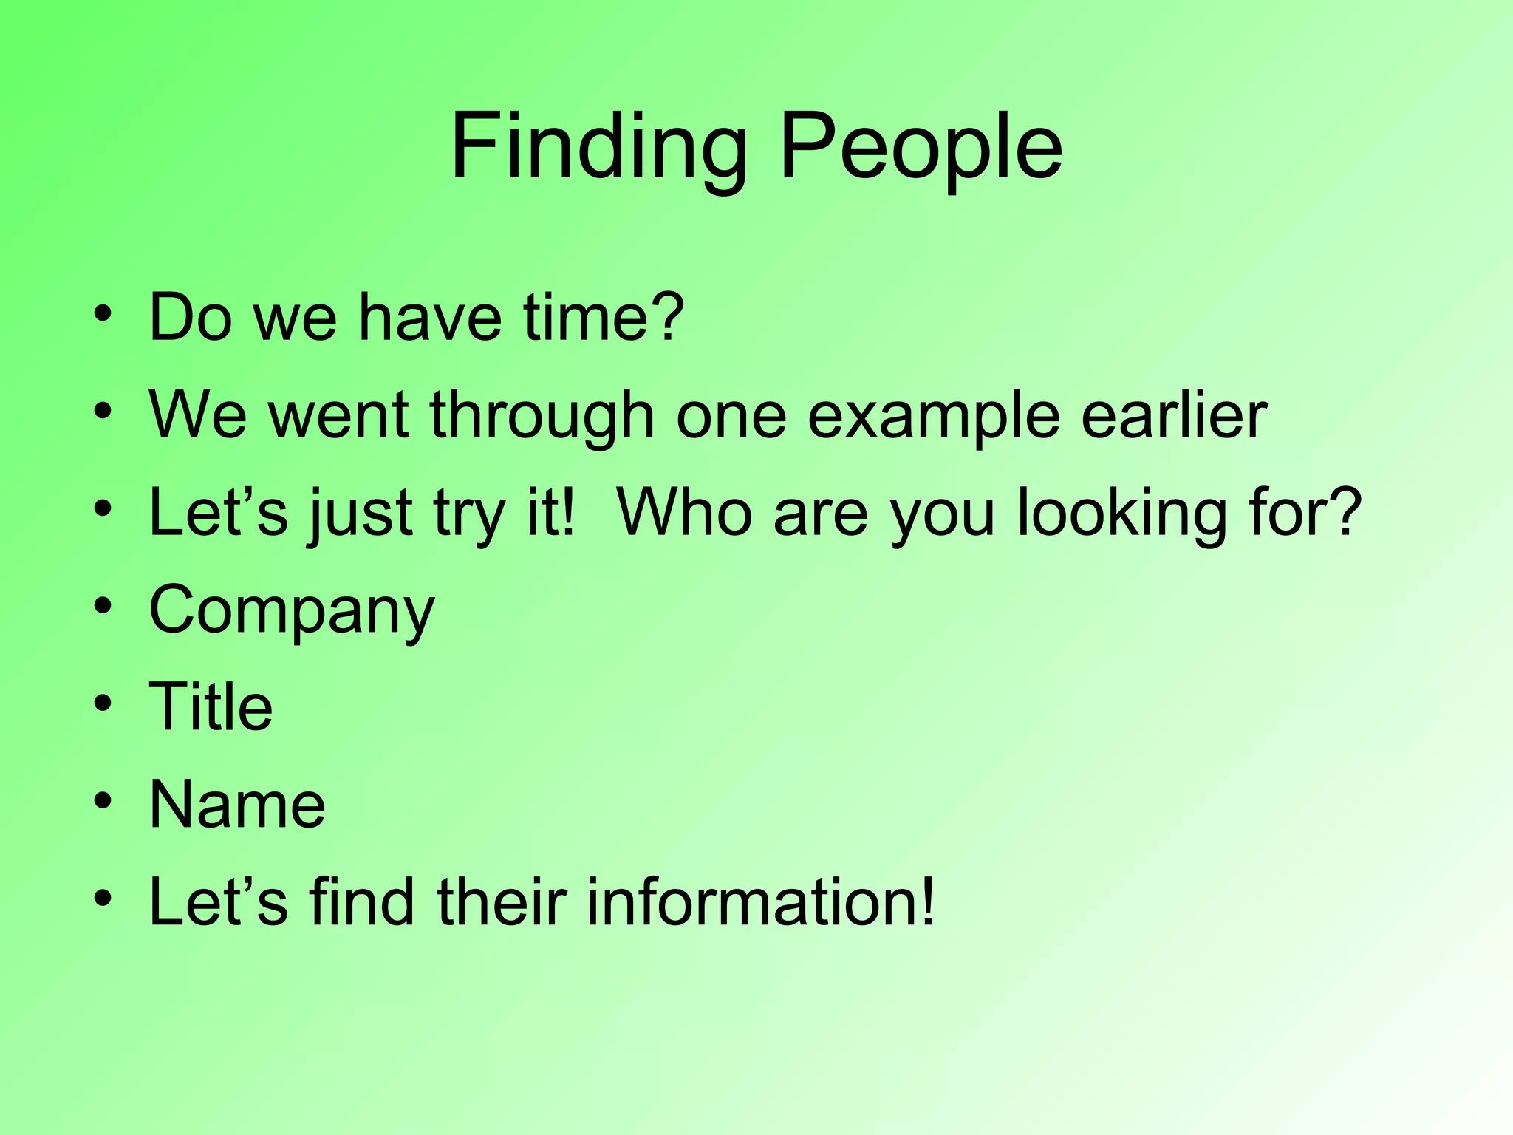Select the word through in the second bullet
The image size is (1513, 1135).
(542, 415)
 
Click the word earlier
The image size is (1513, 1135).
(1174, 415)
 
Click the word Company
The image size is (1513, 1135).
(292, 610)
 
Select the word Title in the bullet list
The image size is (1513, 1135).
(211, 706)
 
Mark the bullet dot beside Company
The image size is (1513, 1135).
(103, 606)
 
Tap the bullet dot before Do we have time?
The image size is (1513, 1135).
(103, 313)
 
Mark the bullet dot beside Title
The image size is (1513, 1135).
(103, 703)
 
